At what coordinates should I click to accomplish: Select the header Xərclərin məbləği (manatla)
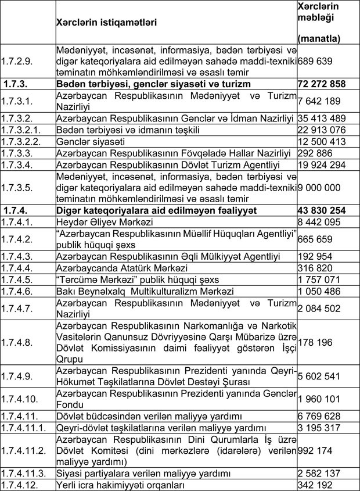tap(319, 22)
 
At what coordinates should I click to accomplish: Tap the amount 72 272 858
tap(322, 84)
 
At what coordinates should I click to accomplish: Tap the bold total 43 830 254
tap(322, 210)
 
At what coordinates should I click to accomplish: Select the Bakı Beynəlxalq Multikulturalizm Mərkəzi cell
tap(145, 291)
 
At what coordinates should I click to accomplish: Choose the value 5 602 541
tap(318, 376)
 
